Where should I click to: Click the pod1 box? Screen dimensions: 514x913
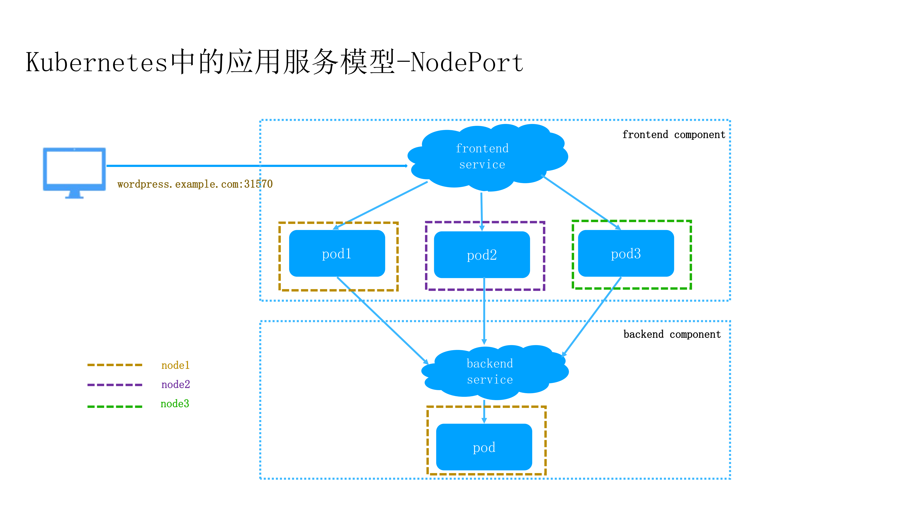[337, 253]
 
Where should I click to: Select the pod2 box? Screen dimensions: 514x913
[482, 255]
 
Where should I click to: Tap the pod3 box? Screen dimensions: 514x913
[625, 253]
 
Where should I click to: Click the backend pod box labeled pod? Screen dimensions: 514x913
[484, 447]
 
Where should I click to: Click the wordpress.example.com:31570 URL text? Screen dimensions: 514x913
[195, 184]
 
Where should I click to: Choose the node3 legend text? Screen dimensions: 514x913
[175, 404]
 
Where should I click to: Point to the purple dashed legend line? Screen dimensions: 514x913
[115, 385]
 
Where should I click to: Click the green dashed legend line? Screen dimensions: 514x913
[115, 407]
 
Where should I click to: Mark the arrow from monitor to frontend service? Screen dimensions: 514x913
[255, 166]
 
